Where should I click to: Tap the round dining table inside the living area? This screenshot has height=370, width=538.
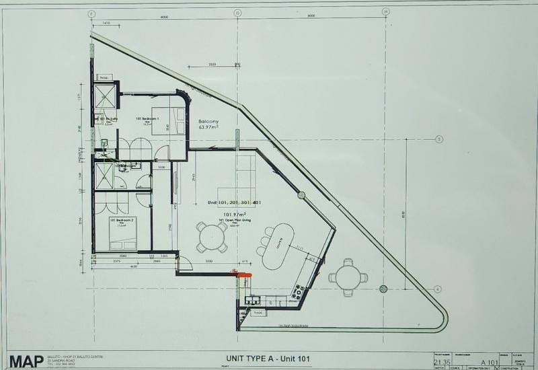tap(213, 236)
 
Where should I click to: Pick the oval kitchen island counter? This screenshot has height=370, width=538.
tap(278, 246)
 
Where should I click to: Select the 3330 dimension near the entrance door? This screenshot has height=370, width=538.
tap(208, 260)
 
